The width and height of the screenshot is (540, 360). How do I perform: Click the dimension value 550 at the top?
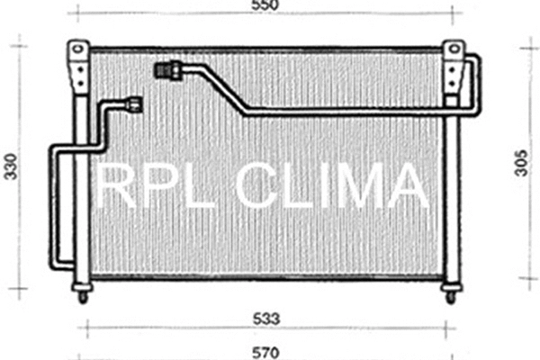point(265,6)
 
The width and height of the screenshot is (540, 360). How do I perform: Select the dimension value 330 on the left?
point(12,167)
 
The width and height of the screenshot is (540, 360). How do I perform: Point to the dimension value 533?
point(265,318)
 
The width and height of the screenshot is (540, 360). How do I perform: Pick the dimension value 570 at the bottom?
point(265,351)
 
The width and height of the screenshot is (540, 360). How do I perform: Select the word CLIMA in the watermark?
point(332,186)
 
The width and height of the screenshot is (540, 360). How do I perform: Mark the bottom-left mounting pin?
point(84,293)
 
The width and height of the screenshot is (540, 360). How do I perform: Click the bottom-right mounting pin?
point(450,293)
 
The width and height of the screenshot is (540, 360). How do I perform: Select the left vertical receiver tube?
point(82,180)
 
